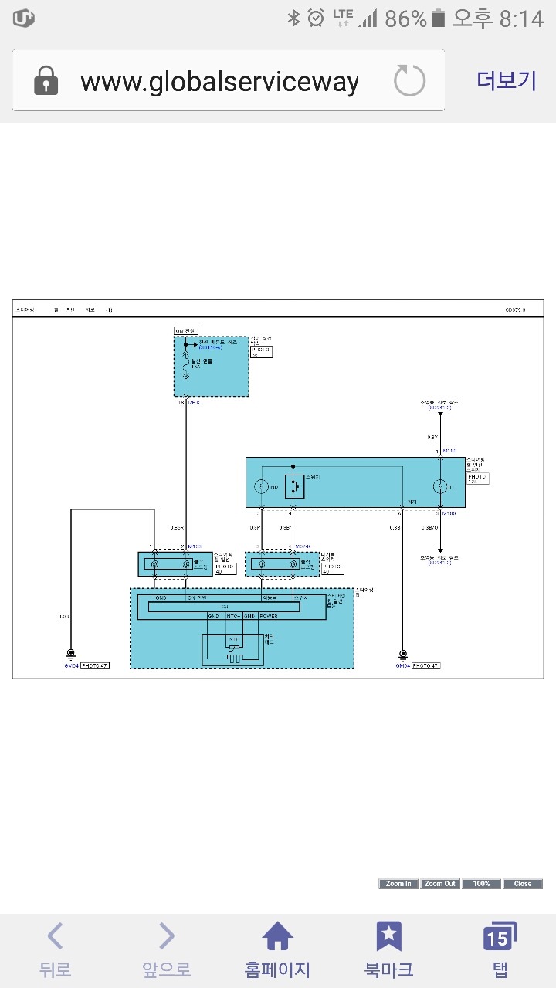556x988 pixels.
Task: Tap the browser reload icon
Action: coord(409,81)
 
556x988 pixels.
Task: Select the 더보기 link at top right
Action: coord(507,81)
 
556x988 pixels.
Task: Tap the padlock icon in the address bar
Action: coord(46,81)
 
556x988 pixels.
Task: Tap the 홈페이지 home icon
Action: coord(277,937)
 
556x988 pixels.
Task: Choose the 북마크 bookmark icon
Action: coord(388,937)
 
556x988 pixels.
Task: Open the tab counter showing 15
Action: coord(500,937)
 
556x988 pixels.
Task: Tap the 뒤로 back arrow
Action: coord(55,937)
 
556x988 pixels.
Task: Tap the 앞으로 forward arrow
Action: coord(166,937)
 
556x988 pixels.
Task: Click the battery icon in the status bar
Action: coord(439,19)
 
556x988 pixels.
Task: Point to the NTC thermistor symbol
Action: coord(232,648)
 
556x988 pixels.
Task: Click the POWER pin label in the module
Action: coord(268,617)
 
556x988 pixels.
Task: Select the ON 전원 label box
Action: coord(186,330)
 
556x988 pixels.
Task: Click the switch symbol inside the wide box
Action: coord(293,486)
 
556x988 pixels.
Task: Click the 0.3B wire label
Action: coord(395,528)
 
